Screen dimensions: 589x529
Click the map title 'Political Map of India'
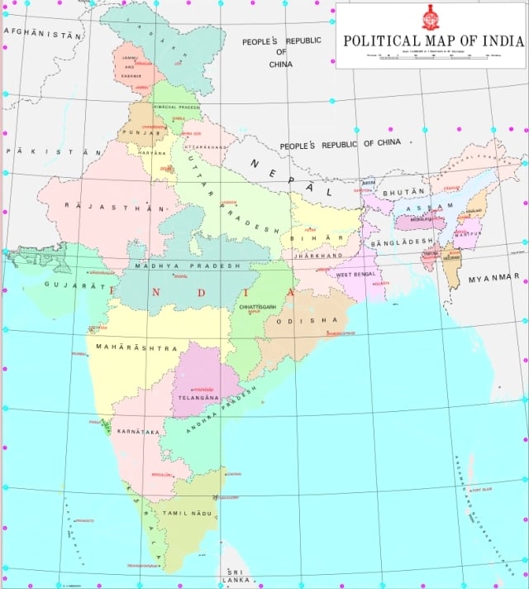point(432,40)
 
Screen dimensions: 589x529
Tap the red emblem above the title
point(431,17)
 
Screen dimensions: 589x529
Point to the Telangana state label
point(198,398)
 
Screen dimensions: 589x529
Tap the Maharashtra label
point(136,348)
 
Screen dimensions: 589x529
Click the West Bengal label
point(356,274)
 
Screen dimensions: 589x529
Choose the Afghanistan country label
point(43,34)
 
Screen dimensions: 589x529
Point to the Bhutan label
point(403,192)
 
